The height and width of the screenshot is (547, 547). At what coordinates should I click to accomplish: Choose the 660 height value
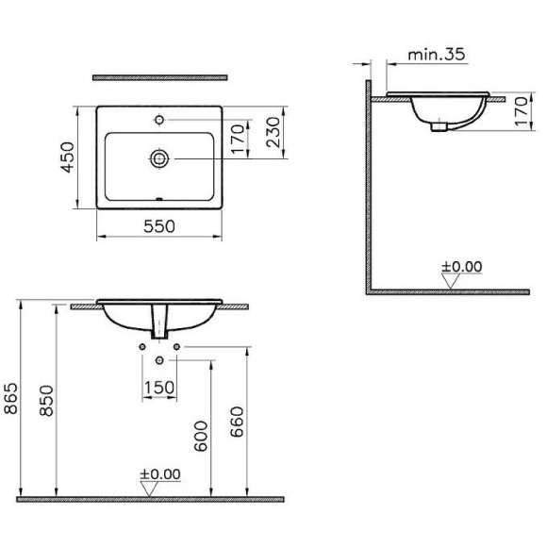coord(239,424)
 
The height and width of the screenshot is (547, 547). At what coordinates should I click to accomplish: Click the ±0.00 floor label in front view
coord(158,472)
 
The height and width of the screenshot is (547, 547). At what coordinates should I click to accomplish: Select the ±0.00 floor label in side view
coord(461,265)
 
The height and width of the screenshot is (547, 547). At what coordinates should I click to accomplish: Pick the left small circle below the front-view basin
coord(142,348)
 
